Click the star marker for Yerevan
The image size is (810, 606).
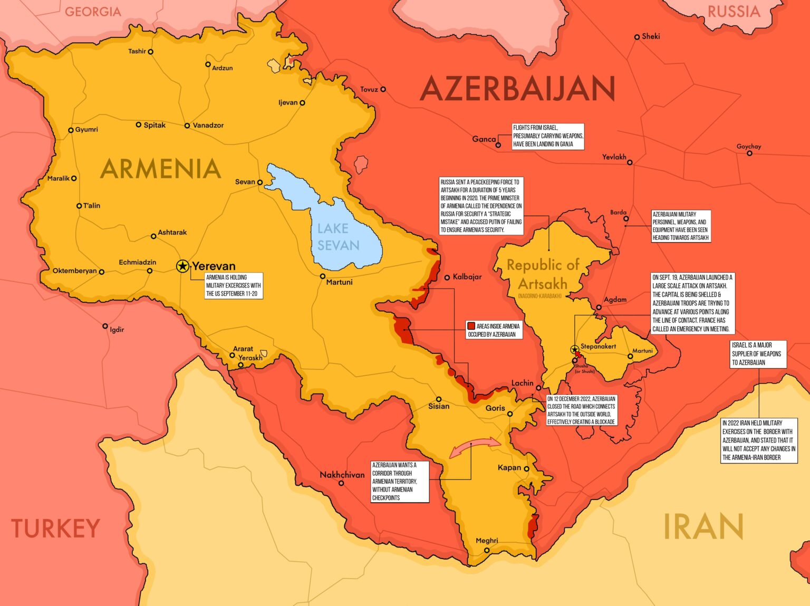(182, 266)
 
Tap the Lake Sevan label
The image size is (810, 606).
(338, 237)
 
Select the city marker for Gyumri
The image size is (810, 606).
(71, 130)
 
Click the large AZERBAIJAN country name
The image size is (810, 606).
(517, 89)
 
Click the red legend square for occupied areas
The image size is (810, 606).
(471, 326)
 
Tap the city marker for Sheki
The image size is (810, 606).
(637, 37)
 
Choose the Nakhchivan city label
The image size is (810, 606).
(342, 475)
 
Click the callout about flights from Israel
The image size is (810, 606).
(548, 136)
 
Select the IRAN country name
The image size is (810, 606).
(703, 526)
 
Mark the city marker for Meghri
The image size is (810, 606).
(487, 550)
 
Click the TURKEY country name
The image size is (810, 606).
(56, 528)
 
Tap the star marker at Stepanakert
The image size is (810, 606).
(574, 350)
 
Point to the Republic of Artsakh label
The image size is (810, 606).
(543, 274)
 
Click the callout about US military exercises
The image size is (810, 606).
(234, 285)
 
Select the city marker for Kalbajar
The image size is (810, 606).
(447, 277)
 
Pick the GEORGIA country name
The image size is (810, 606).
(93, 12)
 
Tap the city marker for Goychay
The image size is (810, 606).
(749, 153)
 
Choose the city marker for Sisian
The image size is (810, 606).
(438, 399)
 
